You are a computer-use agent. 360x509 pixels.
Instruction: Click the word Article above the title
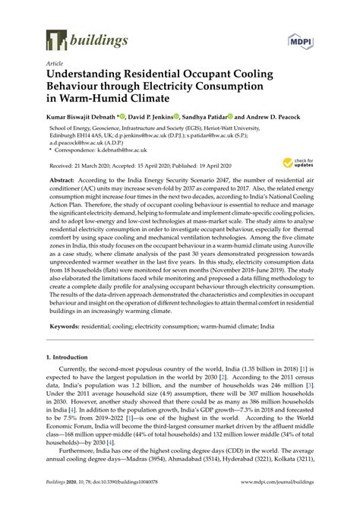pyautogui.click(x=55, y=65)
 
